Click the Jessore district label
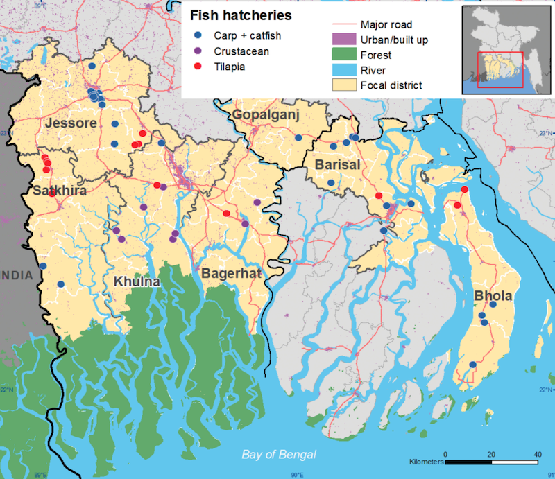[71, 123]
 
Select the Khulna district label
[137, 282]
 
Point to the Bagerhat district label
[231, 274]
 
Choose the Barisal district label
[338, 164]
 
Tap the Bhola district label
[493, 296]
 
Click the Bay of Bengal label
[279, 454]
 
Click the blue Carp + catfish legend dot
[199, 35]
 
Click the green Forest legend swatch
[344, 55]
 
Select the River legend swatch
[344, 70]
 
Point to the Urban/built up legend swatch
[344, 40]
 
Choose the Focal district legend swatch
[344, 85]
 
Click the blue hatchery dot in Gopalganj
[298, 138]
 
